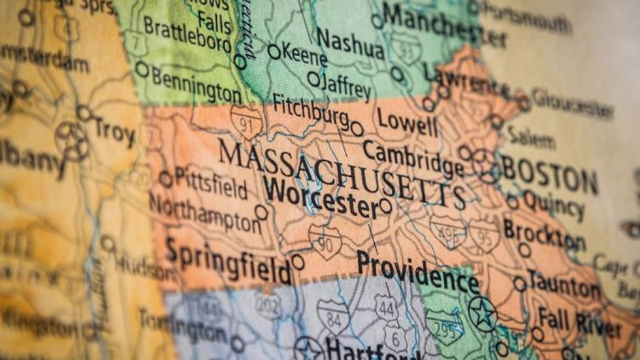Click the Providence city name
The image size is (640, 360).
(x=418, y=272)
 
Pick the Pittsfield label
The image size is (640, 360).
(x=211, y=184)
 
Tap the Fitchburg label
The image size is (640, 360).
(x=310, y=110)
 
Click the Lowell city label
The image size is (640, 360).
(x=407, y=122)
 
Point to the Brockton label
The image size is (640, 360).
(x=543, y=235)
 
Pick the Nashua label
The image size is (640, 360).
(x=350, y=44)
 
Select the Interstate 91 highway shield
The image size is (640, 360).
(x=246, y=122)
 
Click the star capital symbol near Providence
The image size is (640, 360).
(x=482, y=314)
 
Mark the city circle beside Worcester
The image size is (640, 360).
(x=385, y=206)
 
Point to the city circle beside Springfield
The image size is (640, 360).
(x=298, y=262)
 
